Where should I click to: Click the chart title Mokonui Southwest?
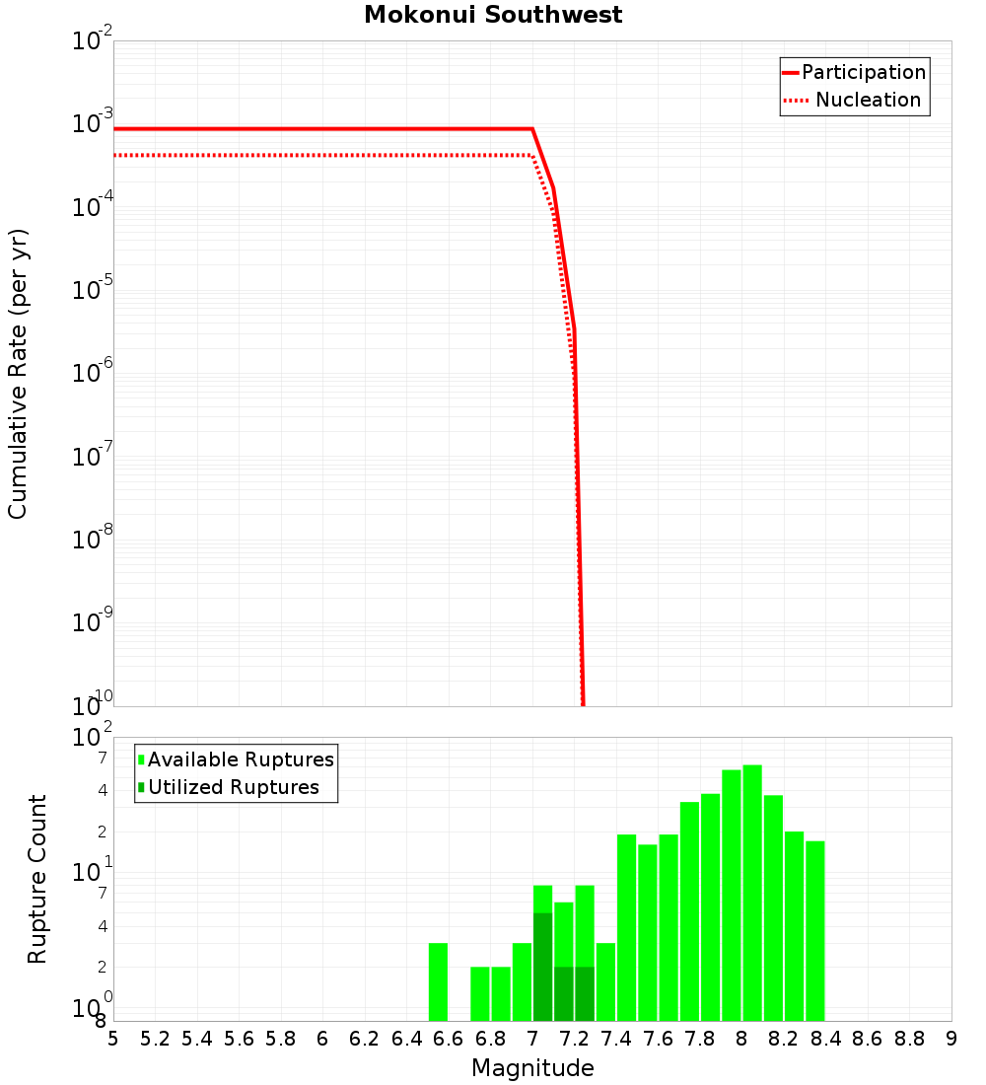493,15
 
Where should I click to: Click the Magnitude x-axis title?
532,1068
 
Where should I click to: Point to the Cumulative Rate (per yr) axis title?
18,373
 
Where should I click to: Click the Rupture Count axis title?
37,879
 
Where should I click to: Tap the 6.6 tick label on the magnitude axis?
448,1039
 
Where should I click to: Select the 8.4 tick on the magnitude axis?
825,1039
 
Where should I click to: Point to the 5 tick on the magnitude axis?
113,1039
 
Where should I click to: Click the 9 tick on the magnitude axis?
951,1039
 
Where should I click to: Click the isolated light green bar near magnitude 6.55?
438,981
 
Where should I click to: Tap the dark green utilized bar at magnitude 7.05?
542,967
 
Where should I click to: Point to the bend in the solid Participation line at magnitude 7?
532,129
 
